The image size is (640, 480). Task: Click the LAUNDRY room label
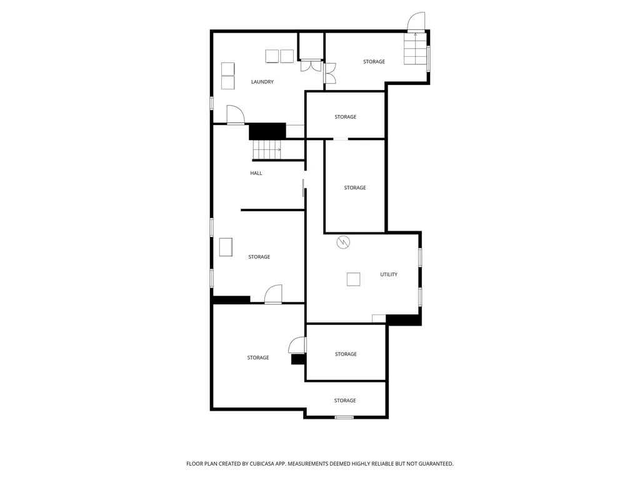[x=262, y=82]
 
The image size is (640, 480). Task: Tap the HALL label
[x=256, y=174]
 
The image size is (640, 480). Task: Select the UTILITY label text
[x=389, y=275]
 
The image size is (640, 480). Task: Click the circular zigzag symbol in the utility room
[x=343, y=242]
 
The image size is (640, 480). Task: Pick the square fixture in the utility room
[x=354, y=279]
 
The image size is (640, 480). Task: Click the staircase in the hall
[x=267, y=149]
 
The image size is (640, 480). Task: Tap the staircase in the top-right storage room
[x=416, y=49]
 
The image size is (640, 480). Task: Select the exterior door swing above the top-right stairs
[x=416, y=21]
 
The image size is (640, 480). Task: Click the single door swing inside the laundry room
[x=236, y=114]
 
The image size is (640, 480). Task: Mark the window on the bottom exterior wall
[x=344, y=417]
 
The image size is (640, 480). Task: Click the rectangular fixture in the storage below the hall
[x=226, y=247]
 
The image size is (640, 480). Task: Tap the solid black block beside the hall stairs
[x=267, y=131]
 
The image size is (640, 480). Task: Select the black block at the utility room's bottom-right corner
[x=404, y=319]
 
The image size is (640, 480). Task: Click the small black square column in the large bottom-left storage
[x=298, y=359]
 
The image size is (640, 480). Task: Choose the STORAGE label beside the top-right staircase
[x=374, y=62]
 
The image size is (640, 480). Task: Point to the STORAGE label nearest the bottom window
[x=345, y=401]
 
